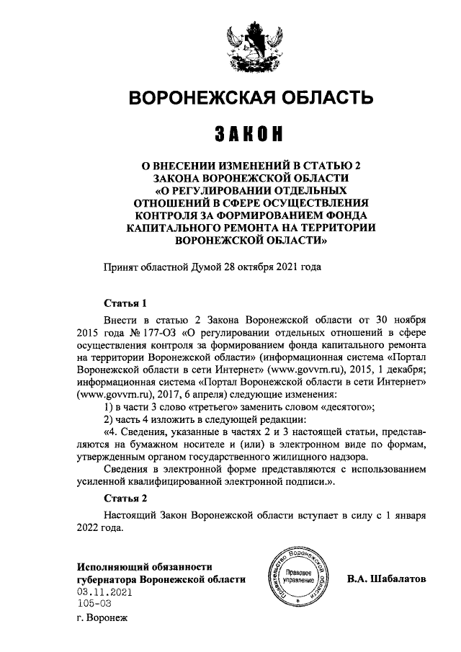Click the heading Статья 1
[x=125, y=303]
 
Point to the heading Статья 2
[x=125, y=498]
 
